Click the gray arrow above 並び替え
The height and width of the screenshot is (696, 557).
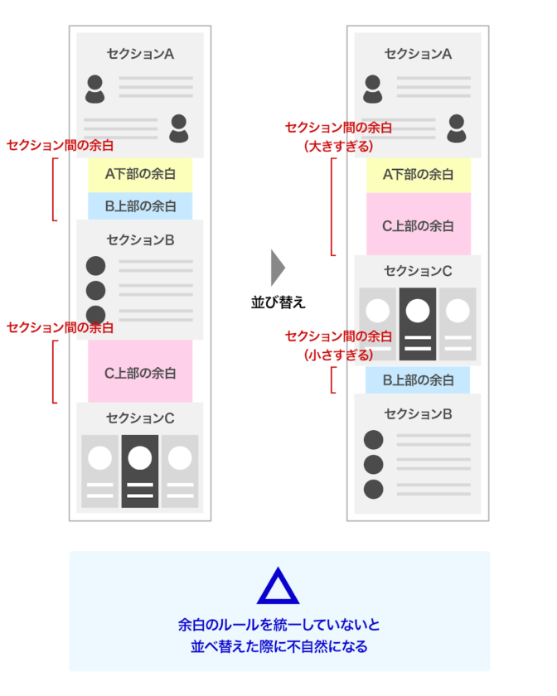[x=278, y=268]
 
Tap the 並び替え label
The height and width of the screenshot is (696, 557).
[x=278, y=302]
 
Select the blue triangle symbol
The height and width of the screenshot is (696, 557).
[x=278, y=587]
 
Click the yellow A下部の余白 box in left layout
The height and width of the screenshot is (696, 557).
[x=140, y=174]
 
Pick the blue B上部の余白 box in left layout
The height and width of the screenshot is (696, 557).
[x=140, y=205]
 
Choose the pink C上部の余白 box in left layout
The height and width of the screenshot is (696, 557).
[x=140, y=373]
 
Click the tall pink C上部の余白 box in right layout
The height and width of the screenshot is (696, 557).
[x=418, y=225]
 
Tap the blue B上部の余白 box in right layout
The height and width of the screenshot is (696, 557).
[x=418, y=380]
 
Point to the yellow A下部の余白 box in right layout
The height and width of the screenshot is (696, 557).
[x=418, y=174]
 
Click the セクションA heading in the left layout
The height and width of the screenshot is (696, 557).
[x=140, y=54]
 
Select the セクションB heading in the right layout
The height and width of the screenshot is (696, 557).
[x=418, y=413]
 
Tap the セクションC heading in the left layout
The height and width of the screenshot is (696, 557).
[x=140, y=418]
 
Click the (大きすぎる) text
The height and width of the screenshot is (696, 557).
[x=338, y=146]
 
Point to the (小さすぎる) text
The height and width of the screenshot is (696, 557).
[x=338, y=354]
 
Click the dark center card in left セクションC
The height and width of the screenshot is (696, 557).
[x=139, y=471]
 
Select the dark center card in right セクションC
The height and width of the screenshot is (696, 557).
[x=417, y=323]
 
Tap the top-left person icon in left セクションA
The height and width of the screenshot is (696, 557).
[x=95, y=89]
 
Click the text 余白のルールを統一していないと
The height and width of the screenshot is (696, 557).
[x=278, y=624]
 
